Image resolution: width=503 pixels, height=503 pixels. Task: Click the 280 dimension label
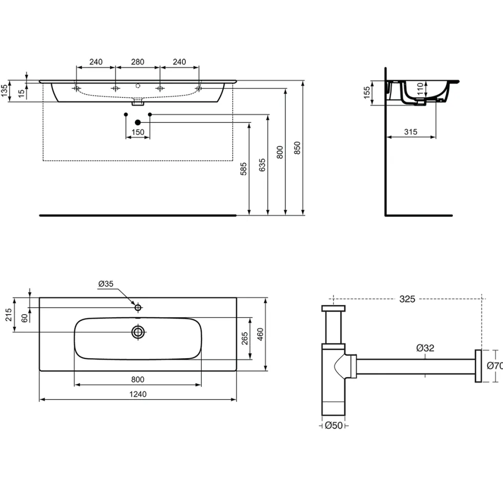coord(138,62)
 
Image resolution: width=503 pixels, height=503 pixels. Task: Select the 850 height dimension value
coord(297,148)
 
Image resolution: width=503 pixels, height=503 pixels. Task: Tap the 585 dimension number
coord(243,169)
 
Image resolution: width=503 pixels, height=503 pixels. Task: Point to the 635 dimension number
coord(262,165)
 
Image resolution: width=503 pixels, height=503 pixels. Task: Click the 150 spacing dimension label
coord(138,132)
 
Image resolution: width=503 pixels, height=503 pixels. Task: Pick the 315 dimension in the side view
coord(411,131)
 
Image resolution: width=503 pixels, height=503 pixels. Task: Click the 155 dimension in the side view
coord(366,93)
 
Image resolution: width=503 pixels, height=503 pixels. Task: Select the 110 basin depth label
coord(420,88)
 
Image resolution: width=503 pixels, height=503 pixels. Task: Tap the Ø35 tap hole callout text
coord(106,283)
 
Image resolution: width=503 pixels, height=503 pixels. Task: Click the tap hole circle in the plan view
coord(138,307)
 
